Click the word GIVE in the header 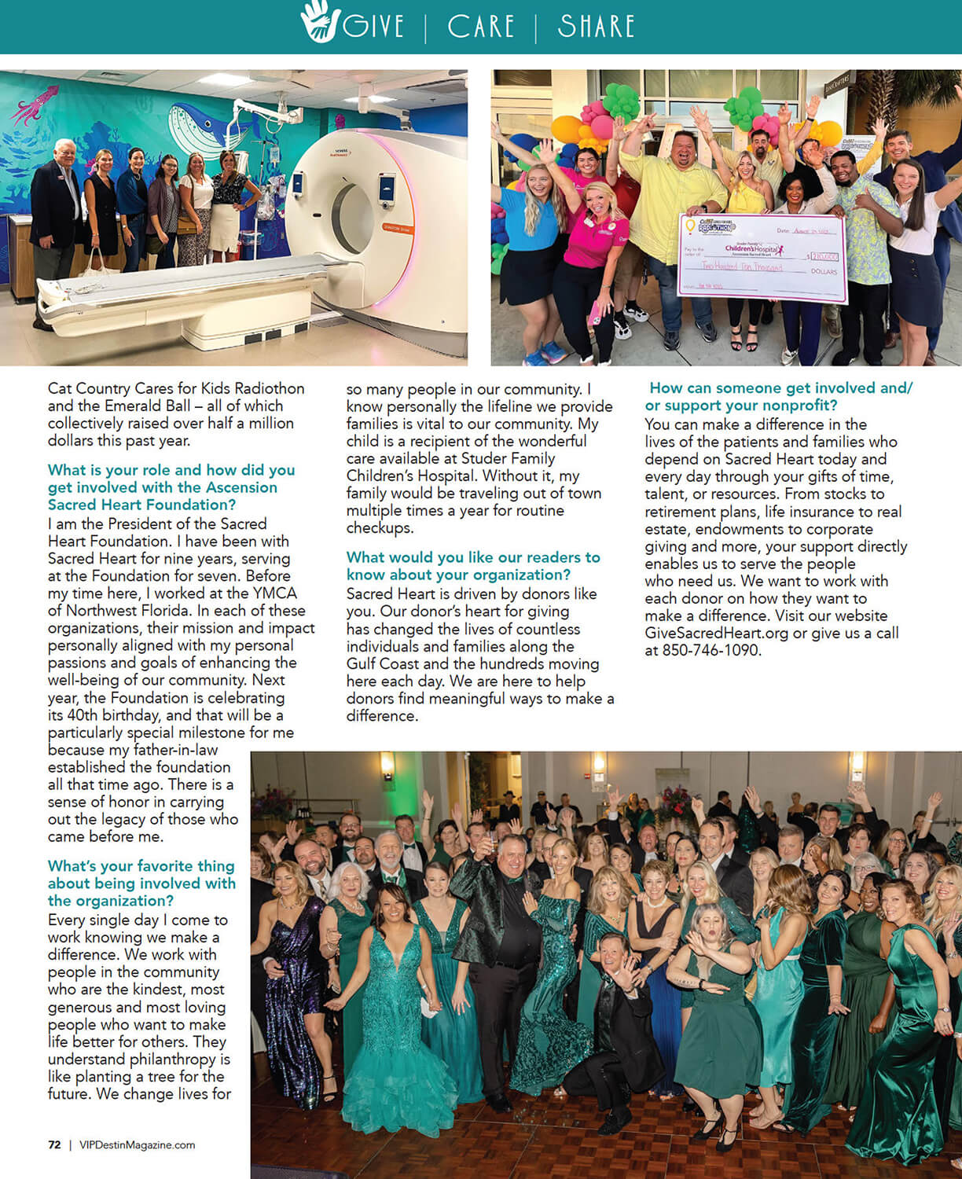(x=373, y=26)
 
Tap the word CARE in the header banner (x=480, y=26)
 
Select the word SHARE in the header (x=596, y=26)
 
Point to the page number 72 (x=54, y=1144)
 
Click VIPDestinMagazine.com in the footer (x=137, y=1144)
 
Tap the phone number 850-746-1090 (x=711, y=650)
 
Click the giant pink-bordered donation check (x=762, y=257)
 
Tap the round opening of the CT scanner (x=353, y=218)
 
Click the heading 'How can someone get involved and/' (x=780, y=387)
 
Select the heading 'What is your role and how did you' (x=171, y=470)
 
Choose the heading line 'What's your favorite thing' (x=141, y=865)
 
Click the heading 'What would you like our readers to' (x=473, y=557)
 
